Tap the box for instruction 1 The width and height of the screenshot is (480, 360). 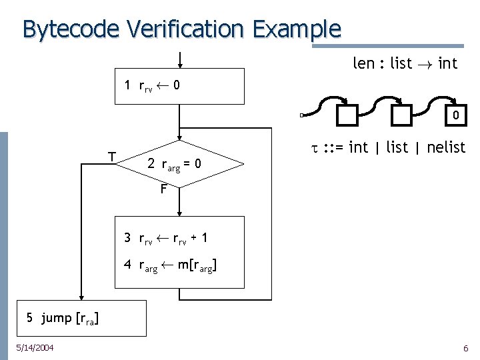pos(180,86)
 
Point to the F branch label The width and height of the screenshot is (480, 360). pos(164,189)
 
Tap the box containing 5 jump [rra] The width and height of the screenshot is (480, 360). pos(63,319)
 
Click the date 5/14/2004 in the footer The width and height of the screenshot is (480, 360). pos(36,347)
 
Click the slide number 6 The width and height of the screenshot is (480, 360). pos(465,348)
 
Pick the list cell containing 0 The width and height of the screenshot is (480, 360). pos(455,116)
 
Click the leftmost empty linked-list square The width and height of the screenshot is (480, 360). pos(347,116)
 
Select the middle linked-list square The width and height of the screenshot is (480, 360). pos(401,116)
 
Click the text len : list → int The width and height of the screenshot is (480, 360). pos(404,64)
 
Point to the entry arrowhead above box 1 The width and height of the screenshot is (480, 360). pos(179,65)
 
